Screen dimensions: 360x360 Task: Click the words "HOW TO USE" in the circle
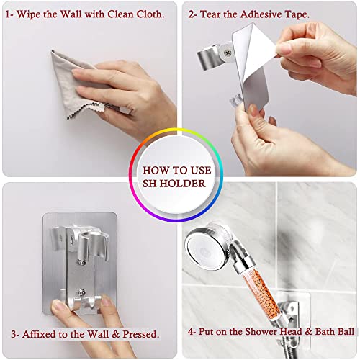coord(177,171)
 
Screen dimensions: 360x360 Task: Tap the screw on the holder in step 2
coord(228,53)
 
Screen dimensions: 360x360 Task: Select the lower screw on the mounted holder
coord(81,292)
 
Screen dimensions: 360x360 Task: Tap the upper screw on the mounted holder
coord(82,263)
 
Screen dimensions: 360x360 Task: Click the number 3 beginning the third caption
coord(14,334)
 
